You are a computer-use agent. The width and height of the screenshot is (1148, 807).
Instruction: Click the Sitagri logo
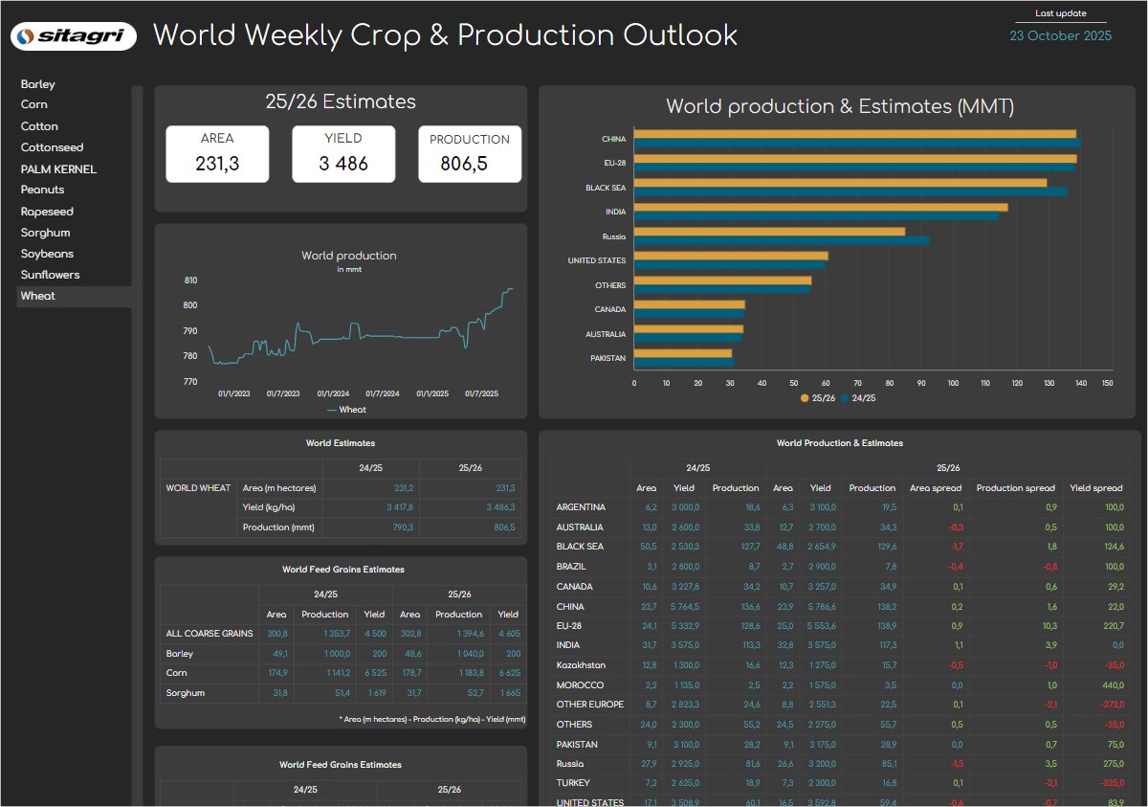point(74,36)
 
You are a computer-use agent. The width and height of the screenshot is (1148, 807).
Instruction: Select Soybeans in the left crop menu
point(47,254)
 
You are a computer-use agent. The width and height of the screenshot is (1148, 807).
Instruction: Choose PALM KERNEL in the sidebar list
point(58,169)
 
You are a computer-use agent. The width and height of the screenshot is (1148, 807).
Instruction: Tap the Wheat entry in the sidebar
point(38,296)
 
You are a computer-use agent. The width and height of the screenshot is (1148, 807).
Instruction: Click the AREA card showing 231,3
point(217,154)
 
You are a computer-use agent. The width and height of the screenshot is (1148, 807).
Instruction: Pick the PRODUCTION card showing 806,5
point(470,154)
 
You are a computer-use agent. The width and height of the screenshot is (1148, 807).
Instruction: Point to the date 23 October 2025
point(1061,35)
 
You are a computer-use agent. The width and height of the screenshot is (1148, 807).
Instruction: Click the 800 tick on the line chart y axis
point(190,305)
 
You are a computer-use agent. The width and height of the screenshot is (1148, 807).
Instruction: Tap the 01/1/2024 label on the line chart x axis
point(332,393)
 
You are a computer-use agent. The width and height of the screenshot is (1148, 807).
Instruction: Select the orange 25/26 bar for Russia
point(769,232)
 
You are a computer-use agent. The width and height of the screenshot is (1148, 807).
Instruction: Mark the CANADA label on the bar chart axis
point(609,309)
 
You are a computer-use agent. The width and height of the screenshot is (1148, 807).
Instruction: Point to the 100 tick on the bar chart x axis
point(953,383)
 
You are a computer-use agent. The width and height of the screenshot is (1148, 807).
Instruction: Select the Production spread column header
point(1014,488)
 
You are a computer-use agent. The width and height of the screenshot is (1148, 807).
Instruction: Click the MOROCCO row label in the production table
point(580,685)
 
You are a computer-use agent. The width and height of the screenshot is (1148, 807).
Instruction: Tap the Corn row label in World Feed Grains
point(177,673)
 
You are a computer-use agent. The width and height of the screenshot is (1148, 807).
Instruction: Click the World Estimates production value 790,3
point(399,527)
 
